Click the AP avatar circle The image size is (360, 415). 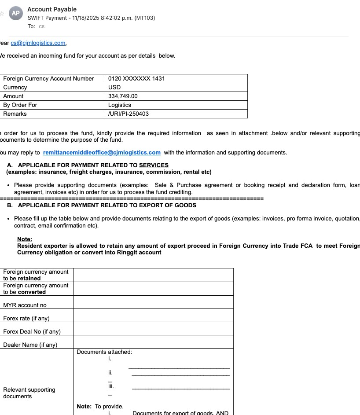pos(16,13)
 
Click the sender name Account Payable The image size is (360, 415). pos(52,9)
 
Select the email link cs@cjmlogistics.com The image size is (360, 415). pos(38,43)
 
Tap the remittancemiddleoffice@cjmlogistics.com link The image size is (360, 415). pos(102,153)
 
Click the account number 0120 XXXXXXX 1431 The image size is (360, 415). pos(136,79)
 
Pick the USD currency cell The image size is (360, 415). pos(114,88)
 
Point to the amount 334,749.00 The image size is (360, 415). pos(123,96)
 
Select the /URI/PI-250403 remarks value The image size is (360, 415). pos(129,114)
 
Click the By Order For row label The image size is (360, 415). pos(20,105)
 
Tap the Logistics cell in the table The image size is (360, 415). pos(120,105)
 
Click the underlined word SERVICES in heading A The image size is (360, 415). pos(154,165)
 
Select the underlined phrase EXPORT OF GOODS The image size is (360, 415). pos(168,205)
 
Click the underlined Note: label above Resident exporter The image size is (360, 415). pos(25,239)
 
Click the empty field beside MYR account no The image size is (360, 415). pos(153,302)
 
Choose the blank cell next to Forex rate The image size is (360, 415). pos(153,316)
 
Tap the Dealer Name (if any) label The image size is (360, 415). pos(30,345)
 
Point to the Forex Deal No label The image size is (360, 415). pos(32,332)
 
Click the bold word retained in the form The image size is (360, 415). pos(29,279)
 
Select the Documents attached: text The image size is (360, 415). pos(104,352)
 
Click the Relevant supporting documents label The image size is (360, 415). pos(29,393)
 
